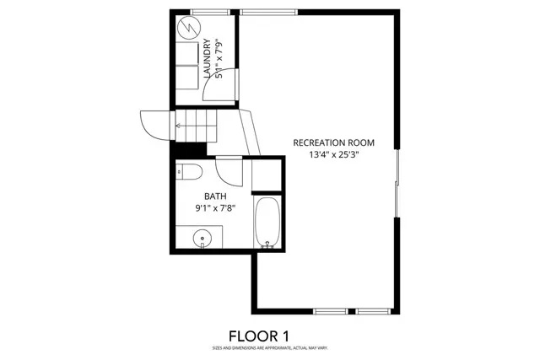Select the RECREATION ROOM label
click(x=333, y=142)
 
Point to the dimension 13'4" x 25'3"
click(x=333, y=155)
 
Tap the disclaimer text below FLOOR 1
click(x=270, y=347)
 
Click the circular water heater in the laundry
click(x=187, y=27)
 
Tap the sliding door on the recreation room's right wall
click(x=396, y=184)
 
